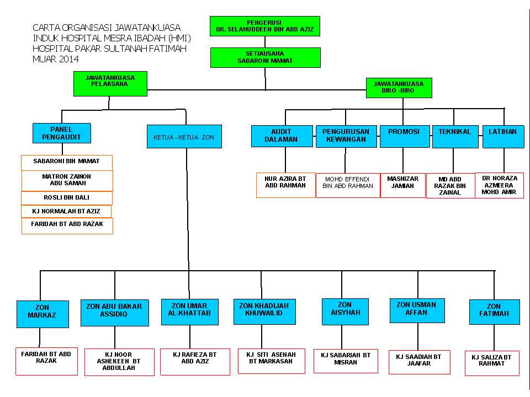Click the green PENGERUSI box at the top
265,26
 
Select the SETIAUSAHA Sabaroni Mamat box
265,57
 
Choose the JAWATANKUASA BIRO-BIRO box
399,88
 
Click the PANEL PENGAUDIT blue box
61,133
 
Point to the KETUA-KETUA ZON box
184,136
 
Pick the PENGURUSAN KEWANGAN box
346,136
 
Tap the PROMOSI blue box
404,136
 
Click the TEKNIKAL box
455,136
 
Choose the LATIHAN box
503,136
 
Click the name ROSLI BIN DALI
66,198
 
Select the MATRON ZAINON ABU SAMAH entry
67,180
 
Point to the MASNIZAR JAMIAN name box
402,185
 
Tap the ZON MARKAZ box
43,314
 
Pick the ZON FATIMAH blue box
494,312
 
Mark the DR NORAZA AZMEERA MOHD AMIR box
499,185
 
